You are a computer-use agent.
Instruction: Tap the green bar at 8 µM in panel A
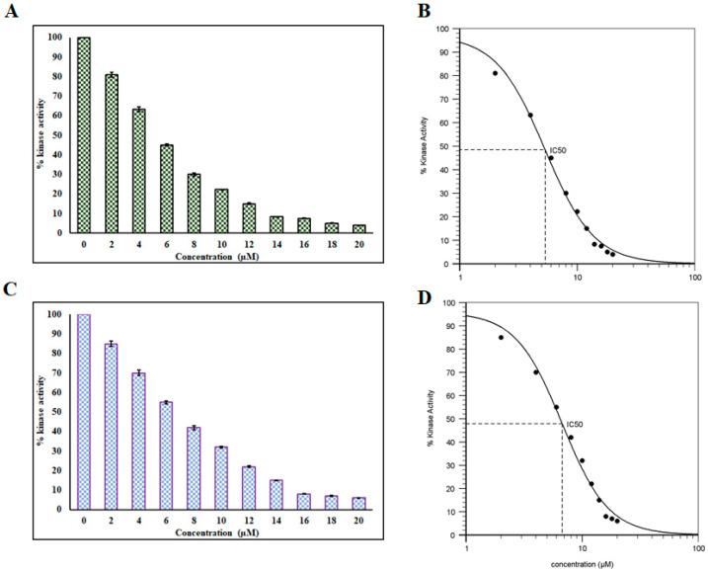click(195, 204)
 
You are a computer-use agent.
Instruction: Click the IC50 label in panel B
click(557, 150)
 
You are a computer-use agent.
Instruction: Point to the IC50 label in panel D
click(574, 424)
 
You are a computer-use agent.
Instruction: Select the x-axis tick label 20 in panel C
click(359, 520)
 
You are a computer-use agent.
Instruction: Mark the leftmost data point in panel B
click(495, 73)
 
